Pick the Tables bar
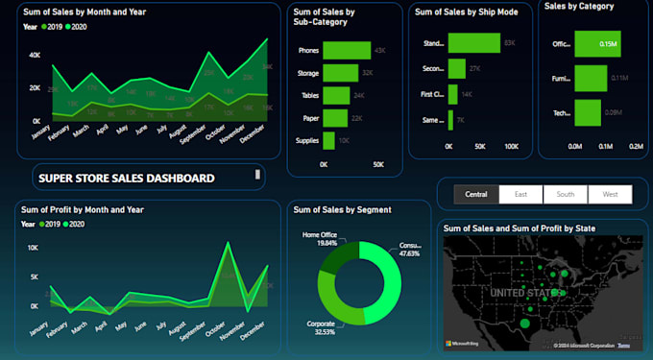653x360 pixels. pos(336,95)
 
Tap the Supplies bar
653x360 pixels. pos(328,140)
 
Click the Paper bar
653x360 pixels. pos(335,117)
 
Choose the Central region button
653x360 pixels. pos(476,194)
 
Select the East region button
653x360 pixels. pos(520,194)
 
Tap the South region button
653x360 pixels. pos(566,194)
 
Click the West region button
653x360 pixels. pos(610,194)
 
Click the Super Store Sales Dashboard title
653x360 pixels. pos(126,178)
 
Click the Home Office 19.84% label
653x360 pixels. pos(320,238)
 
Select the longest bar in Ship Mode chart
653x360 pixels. pos(474,43)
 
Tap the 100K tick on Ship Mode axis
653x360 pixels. pos(511,147)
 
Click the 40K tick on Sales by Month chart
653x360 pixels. pos(35,56)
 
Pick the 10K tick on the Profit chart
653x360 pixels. pos(32,248)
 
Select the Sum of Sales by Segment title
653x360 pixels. pos(349,209)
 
